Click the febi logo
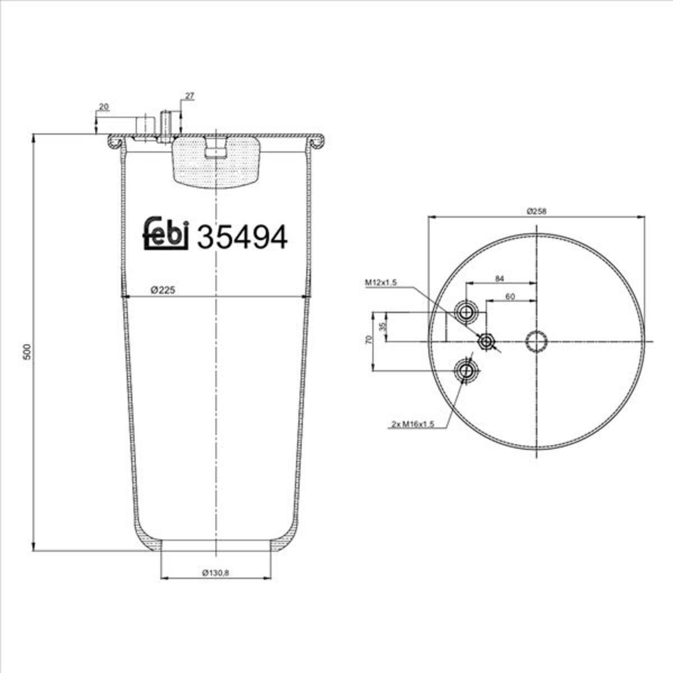point(166,233)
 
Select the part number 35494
point(242,237)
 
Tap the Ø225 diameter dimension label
point(163,290)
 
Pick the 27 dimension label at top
point(190,96)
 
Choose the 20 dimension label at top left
point(104,107)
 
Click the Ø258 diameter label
point(537,211)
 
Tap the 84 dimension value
point(500,278)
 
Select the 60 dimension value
point(510,297)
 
